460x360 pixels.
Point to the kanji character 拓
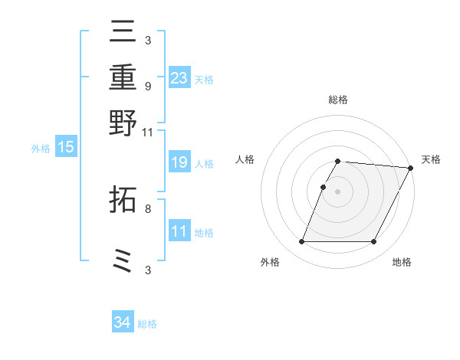pyautogui.click(x=124, y=200)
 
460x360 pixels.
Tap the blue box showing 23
pyautogui.click(x=179, y=77)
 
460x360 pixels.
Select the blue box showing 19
pyautogui.click(x=179, y=162)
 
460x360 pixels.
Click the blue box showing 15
pyautogui.click(x=65, y=147)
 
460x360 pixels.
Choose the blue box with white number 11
pyautogui.click(x=179, y=231)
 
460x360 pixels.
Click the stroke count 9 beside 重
pyautogui.click(x=147, y=86)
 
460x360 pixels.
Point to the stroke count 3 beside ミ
pyautogui.click(x=147, y=270)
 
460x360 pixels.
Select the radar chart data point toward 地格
pyautogui.click(x=373, y=242)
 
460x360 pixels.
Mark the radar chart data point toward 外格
pyautogui.click(x=301, y=242)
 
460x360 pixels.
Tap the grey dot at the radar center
pyautogui.click(x=337, y=191)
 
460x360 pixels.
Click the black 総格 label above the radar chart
pyautogui.click(x=337, y=100)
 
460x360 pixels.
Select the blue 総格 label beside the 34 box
pyautogui.click(x=147, y=324)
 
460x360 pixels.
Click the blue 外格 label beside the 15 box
pyautogui.click(x=41, y=149)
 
